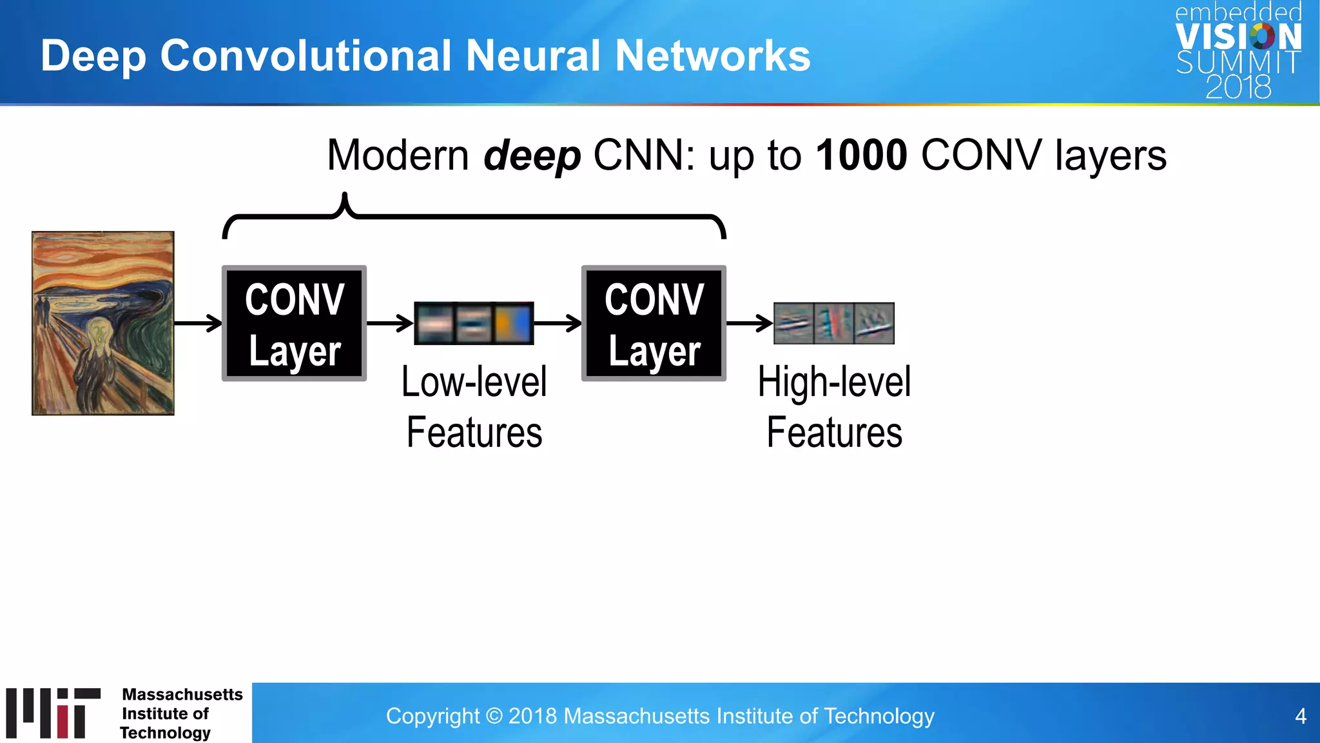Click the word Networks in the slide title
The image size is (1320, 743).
[712, 55]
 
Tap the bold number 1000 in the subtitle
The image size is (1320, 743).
[861, 155]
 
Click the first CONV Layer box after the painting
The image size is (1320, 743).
[295, 323]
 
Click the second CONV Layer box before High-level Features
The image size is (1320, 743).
[654, 323]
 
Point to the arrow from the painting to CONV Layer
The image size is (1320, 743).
[198, 322]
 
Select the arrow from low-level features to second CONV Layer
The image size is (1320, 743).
[558, 322]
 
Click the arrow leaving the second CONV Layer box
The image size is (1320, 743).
[750, 322]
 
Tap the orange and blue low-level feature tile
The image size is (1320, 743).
[513, 323]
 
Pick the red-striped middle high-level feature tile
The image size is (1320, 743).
[833, 323]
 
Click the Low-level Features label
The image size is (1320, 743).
[474, 406]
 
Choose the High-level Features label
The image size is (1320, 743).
[834, 406]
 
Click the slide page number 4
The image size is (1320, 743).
[1300, 717]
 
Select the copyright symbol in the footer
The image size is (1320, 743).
[494, 717]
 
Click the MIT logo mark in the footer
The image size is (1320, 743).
[53, 713]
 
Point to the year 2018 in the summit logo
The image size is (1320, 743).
[1237, 87]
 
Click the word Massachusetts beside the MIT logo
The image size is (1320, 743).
[182, 695]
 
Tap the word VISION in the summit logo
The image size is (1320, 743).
[1237, 37]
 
